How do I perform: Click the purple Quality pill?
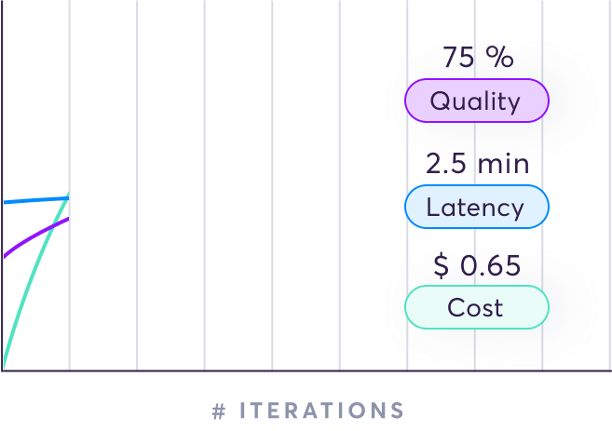point(477,101)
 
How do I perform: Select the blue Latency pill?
point(477,207)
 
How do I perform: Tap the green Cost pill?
point(477,307)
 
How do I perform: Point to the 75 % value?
point(478,58)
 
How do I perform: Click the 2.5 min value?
point(477,164)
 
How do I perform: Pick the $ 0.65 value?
point(477,265)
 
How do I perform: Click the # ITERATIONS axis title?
point(308,411)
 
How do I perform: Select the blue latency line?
point(36,200)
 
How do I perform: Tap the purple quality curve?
point(35,236)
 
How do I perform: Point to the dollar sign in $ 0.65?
point(441,265)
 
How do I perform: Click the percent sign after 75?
point(500,57)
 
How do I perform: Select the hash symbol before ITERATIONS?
point(219,411)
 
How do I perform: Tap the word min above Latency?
point(504,164)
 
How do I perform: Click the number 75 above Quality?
point(458,58)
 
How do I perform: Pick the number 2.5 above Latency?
point(446,164)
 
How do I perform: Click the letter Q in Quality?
point(441,101)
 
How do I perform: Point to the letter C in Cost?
point(457,307)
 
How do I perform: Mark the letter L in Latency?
point(433,207)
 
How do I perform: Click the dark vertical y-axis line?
point(2,185)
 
